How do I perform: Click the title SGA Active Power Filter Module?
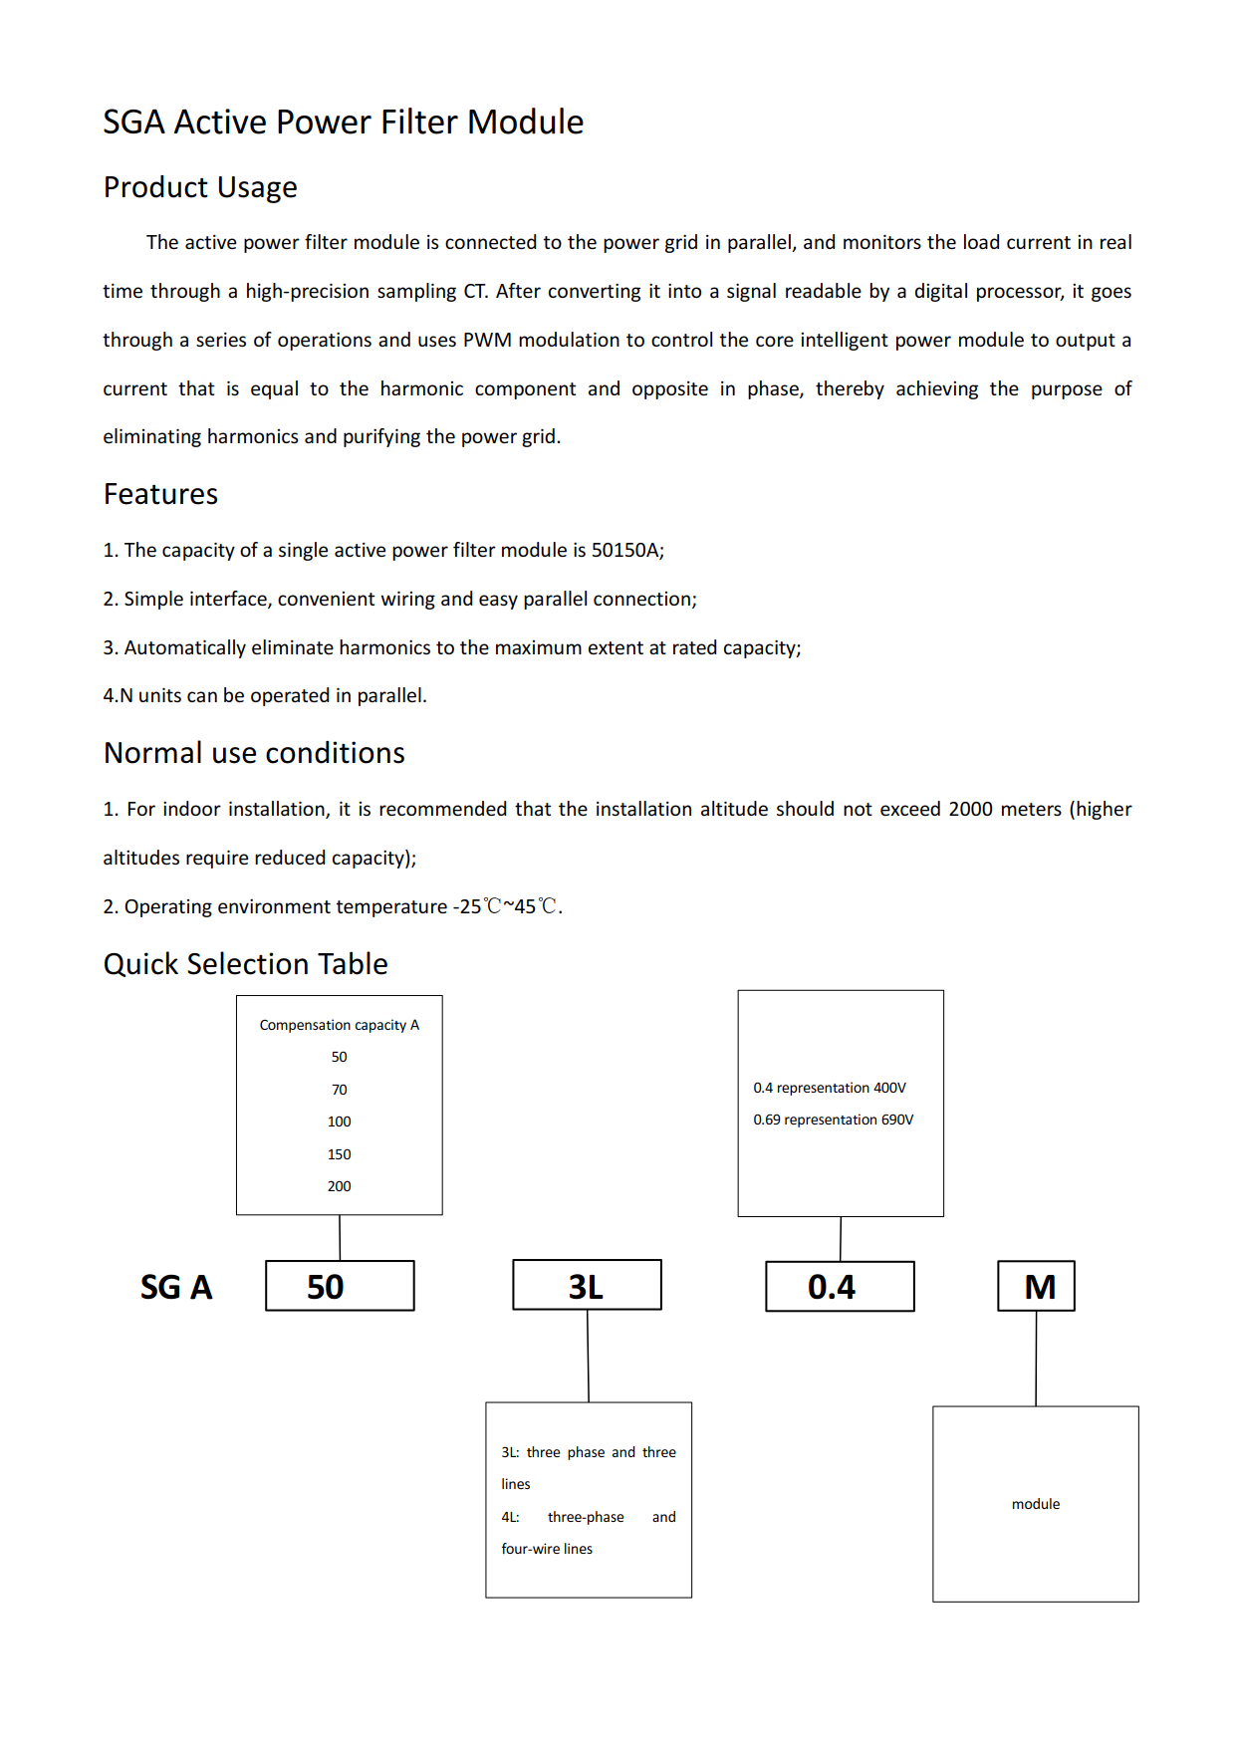pyautogui.click(x=344, y=122)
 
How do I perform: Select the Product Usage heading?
pyautogui.click(x=200, y=187)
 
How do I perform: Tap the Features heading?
pyautogui.click(x=160, y=494)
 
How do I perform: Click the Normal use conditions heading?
pyautogui.click(x=254, y=753)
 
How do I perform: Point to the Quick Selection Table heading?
pyautogui.click(x=246, y=964)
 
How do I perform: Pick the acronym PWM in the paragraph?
pyautogui.click(x=487, y=340)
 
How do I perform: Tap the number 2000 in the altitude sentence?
pyautogui.click(x=971, y=809)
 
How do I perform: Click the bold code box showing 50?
pyautogui.click(x=340, y=1286)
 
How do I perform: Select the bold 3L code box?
pyautogui.click(x=587, y=1285)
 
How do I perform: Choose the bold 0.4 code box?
pyautogui.click(x=840, y=1287)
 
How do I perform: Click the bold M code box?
pyautogui.click(x=1036, y=1286)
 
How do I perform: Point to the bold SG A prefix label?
pyautogui.click(x=176, y=1287)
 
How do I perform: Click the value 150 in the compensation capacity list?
pyautogui.click(x=340, y=1154)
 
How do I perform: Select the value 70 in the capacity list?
pyautogui.click(x=340, y=1090)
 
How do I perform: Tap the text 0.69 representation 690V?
pyautogui.click(x=834, y=1120)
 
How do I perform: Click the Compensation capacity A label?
pyautogui.click(x=340, y=1025)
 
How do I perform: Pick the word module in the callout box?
pyautogui.click(x=1036, y=1504)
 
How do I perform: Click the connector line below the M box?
pyautogui.click(x=1036, y=1359)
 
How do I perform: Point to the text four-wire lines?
pyautogui.click(x=547, y=1549)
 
